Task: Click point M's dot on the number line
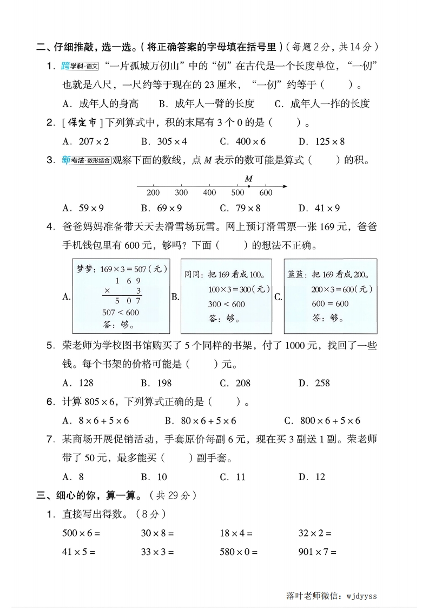(x=248, y=186)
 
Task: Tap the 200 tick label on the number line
(x=153, y=193)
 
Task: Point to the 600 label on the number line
(x=266, y=193)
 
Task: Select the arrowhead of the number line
(x=285, y=186)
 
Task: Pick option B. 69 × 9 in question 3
(x=161, y=208)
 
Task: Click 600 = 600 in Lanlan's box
(x=330, y=303)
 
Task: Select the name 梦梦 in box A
(x=83, y=268)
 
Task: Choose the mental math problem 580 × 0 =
(x=239, y=552)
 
